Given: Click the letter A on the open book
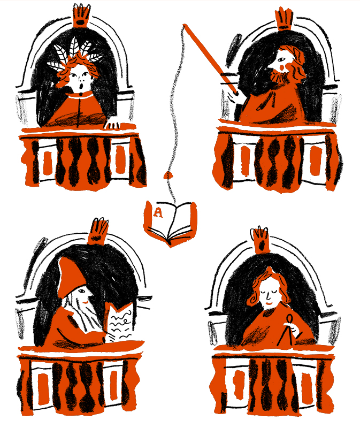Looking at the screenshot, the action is pos(158,212).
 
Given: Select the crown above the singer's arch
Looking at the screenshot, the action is pos(81,17).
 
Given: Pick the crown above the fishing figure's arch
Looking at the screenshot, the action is pos(285,19).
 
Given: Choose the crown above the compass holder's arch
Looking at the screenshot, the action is pos(261,240).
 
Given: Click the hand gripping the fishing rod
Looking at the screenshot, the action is pos(233,95).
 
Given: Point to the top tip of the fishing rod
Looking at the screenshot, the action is pos(185,26).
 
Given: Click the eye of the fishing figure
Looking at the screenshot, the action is pos(281,59).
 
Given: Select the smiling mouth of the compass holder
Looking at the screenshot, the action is pos(269,303).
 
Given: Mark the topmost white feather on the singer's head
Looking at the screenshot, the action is pos(74,47).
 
